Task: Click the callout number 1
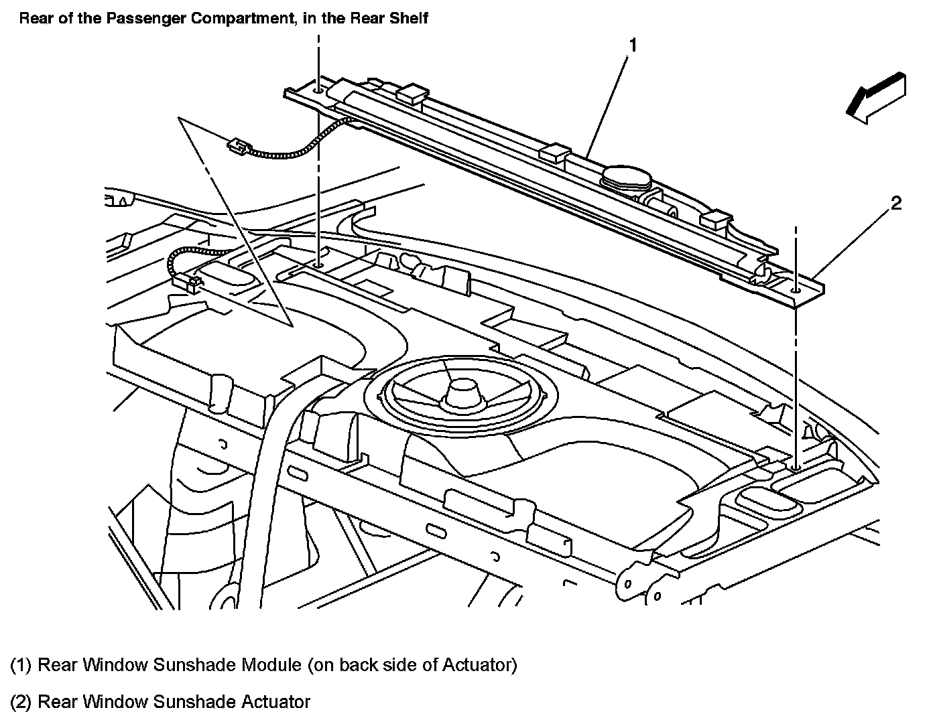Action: click(x=632, y=45)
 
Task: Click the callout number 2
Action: click(x=896, y=203)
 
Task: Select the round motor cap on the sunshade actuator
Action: click(x=627, y=177)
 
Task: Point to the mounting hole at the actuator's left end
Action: click(x=319, y=88)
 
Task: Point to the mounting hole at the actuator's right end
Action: click(x=796, y=289)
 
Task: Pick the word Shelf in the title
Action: click(x=408, y=18)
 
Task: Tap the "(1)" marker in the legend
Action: click(x=21, y=665)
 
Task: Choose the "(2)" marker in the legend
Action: click(x=21, y=702)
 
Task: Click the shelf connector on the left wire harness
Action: click(x=186, y=283)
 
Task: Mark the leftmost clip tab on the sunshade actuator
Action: click(x=412, y=94)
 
